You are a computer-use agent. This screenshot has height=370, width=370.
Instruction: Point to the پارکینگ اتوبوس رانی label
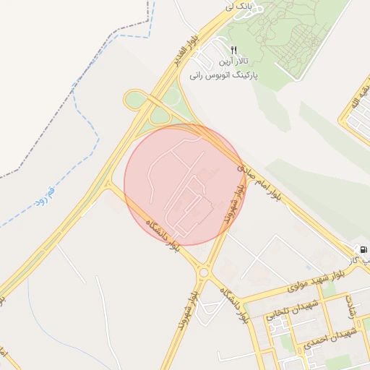tap(224, 74)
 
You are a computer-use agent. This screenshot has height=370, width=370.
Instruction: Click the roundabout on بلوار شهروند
tap(204, 272)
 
